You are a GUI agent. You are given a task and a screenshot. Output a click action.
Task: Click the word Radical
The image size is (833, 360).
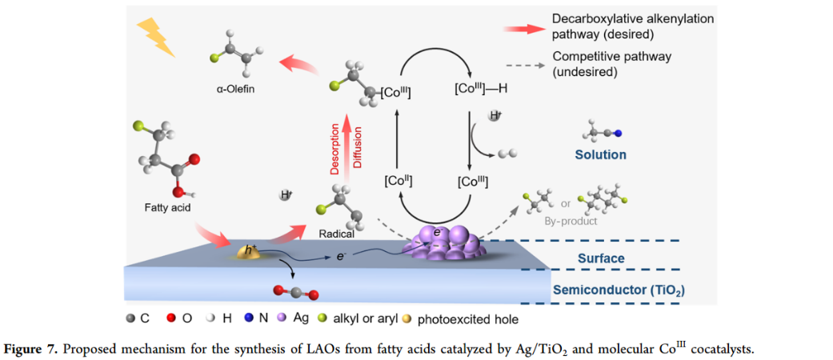point(335,234)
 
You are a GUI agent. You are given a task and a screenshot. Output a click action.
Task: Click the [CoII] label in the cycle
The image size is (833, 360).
point(398,181)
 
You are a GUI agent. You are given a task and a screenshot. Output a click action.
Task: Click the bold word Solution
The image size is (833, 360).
point(600,154)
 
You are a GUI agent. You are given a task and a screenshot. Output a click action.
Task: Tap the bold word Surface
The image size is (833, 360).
point(601,258)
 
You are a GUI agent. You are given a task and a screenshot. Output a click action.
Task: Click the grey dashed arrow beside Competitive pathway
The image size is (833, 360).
point(522,65)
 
